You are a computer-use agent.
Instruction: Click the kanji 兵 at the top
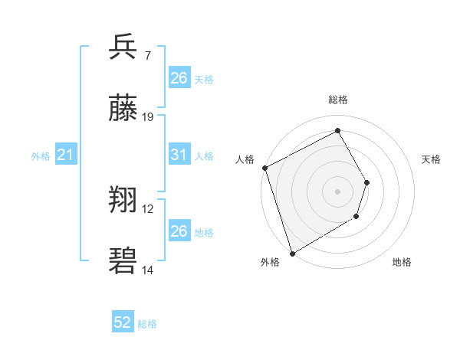(123, 47)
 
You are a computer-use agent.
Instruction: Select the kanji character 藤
(123, 109)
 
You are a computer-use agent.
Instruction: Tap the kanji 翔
(123, 201)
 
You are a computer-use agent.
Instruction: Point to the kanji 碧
(123, 261)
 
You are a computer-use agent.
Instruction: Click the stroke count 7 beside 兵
(148, 56)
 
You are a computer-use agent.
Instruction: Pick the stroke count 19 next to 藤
(149, 117)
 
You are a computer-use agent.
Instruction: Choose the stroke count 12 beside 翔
(149, 209)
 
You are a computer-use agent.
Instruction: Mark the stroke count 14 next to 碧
(149, 270)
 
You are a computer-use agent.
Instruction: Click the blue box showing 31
(179, 155)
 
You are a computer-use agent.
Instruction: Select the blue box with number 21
(66, 155)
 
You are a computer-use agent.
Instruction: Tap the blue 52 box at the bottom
(123, 323)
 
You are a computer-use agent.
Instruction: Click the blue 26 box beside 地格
(179, 231)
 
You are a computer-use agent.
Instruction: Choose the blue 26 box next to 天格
(179, 78)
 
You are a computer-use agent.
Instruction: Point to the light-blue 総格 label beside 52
(147, 324)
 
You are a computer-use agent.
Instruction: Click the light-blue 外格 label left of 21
(41, 156)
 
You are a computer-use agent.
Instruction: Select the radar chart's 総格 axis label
(337, 100)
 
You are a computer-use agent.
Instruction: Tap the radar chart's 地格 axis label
(402, 263)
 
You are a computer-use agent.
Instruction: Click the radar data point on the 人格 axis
(264, 168)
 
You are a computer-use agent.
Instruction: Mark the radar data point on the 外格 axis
(292, 253)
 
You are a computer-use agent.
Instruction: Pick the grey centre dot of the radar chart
(337, 191)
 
